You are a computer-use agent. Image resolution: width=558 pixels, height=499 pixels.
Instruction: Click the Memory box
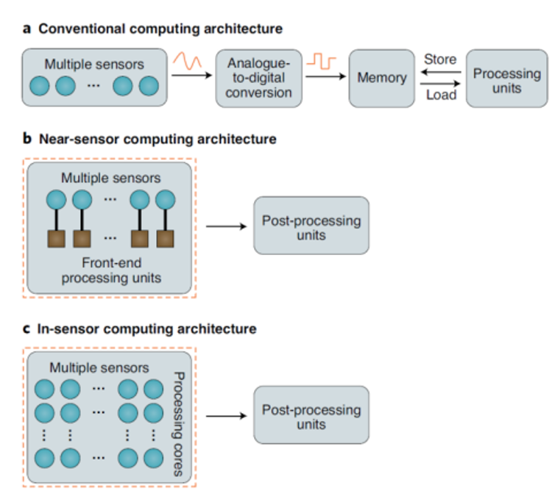[382, 78]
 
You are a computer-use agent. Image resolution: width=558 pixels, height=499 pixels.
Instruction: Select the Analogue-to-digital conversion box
[259, 78]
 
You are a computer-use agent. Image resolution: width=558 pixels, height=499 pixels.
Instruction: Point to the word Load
[441, 95]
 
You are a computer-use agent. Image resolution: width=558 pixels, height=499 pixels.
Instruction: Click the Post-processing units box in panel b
[311, 228]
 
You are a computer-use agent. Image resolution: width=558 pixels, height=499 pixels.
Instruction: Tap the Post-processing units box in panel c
[311, 417]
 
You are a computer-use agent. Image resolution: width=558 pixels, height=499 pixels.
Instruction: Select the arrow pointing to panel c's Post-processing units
[225, 417]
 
